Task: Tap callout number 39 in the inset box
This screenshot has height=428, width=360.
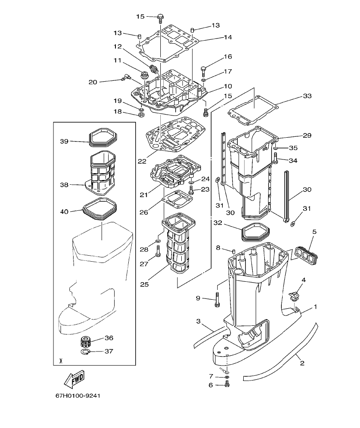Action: tap(65, 141)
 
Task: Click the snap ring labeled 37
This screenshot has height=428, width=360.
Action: tap(86, 352)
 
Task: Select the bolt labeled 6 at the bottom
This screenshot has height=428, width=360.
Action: tap(227, 385)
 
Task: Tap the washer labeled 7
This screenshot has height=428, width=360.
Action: tap(227, 377)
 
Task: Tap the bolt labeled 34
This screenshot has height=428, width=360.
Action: tap(276, 161)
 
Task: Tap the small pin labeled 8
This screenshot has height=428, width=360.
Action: tap(234, 251)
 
